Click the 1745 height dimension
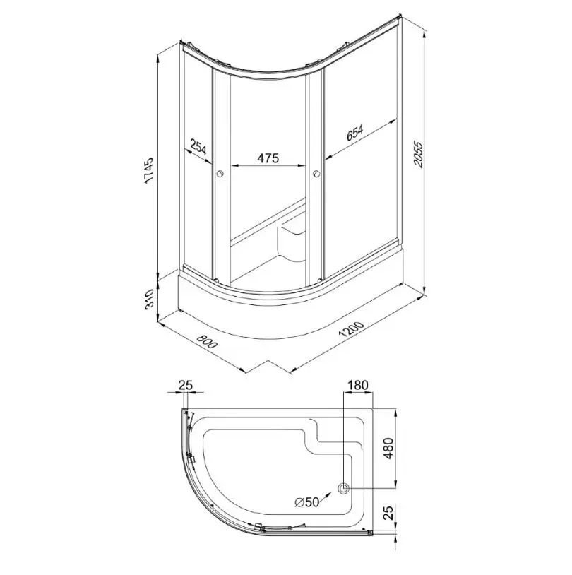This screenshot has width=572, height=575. (148, 170)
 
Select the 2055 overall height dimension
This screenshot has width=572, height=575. (417, 154)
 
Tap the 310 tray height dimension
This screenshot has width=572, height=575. (149, 300)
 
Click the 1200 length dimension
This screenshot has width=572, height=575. (351, 329)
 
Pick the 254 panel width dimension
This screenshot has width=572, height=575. (198, 147)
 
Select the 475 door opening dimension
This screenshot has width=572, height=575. (268, 158)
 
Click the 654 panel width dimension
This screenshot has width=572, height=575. (354, 133)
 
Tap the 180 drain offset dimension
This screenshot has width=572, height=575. (357, 385)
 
